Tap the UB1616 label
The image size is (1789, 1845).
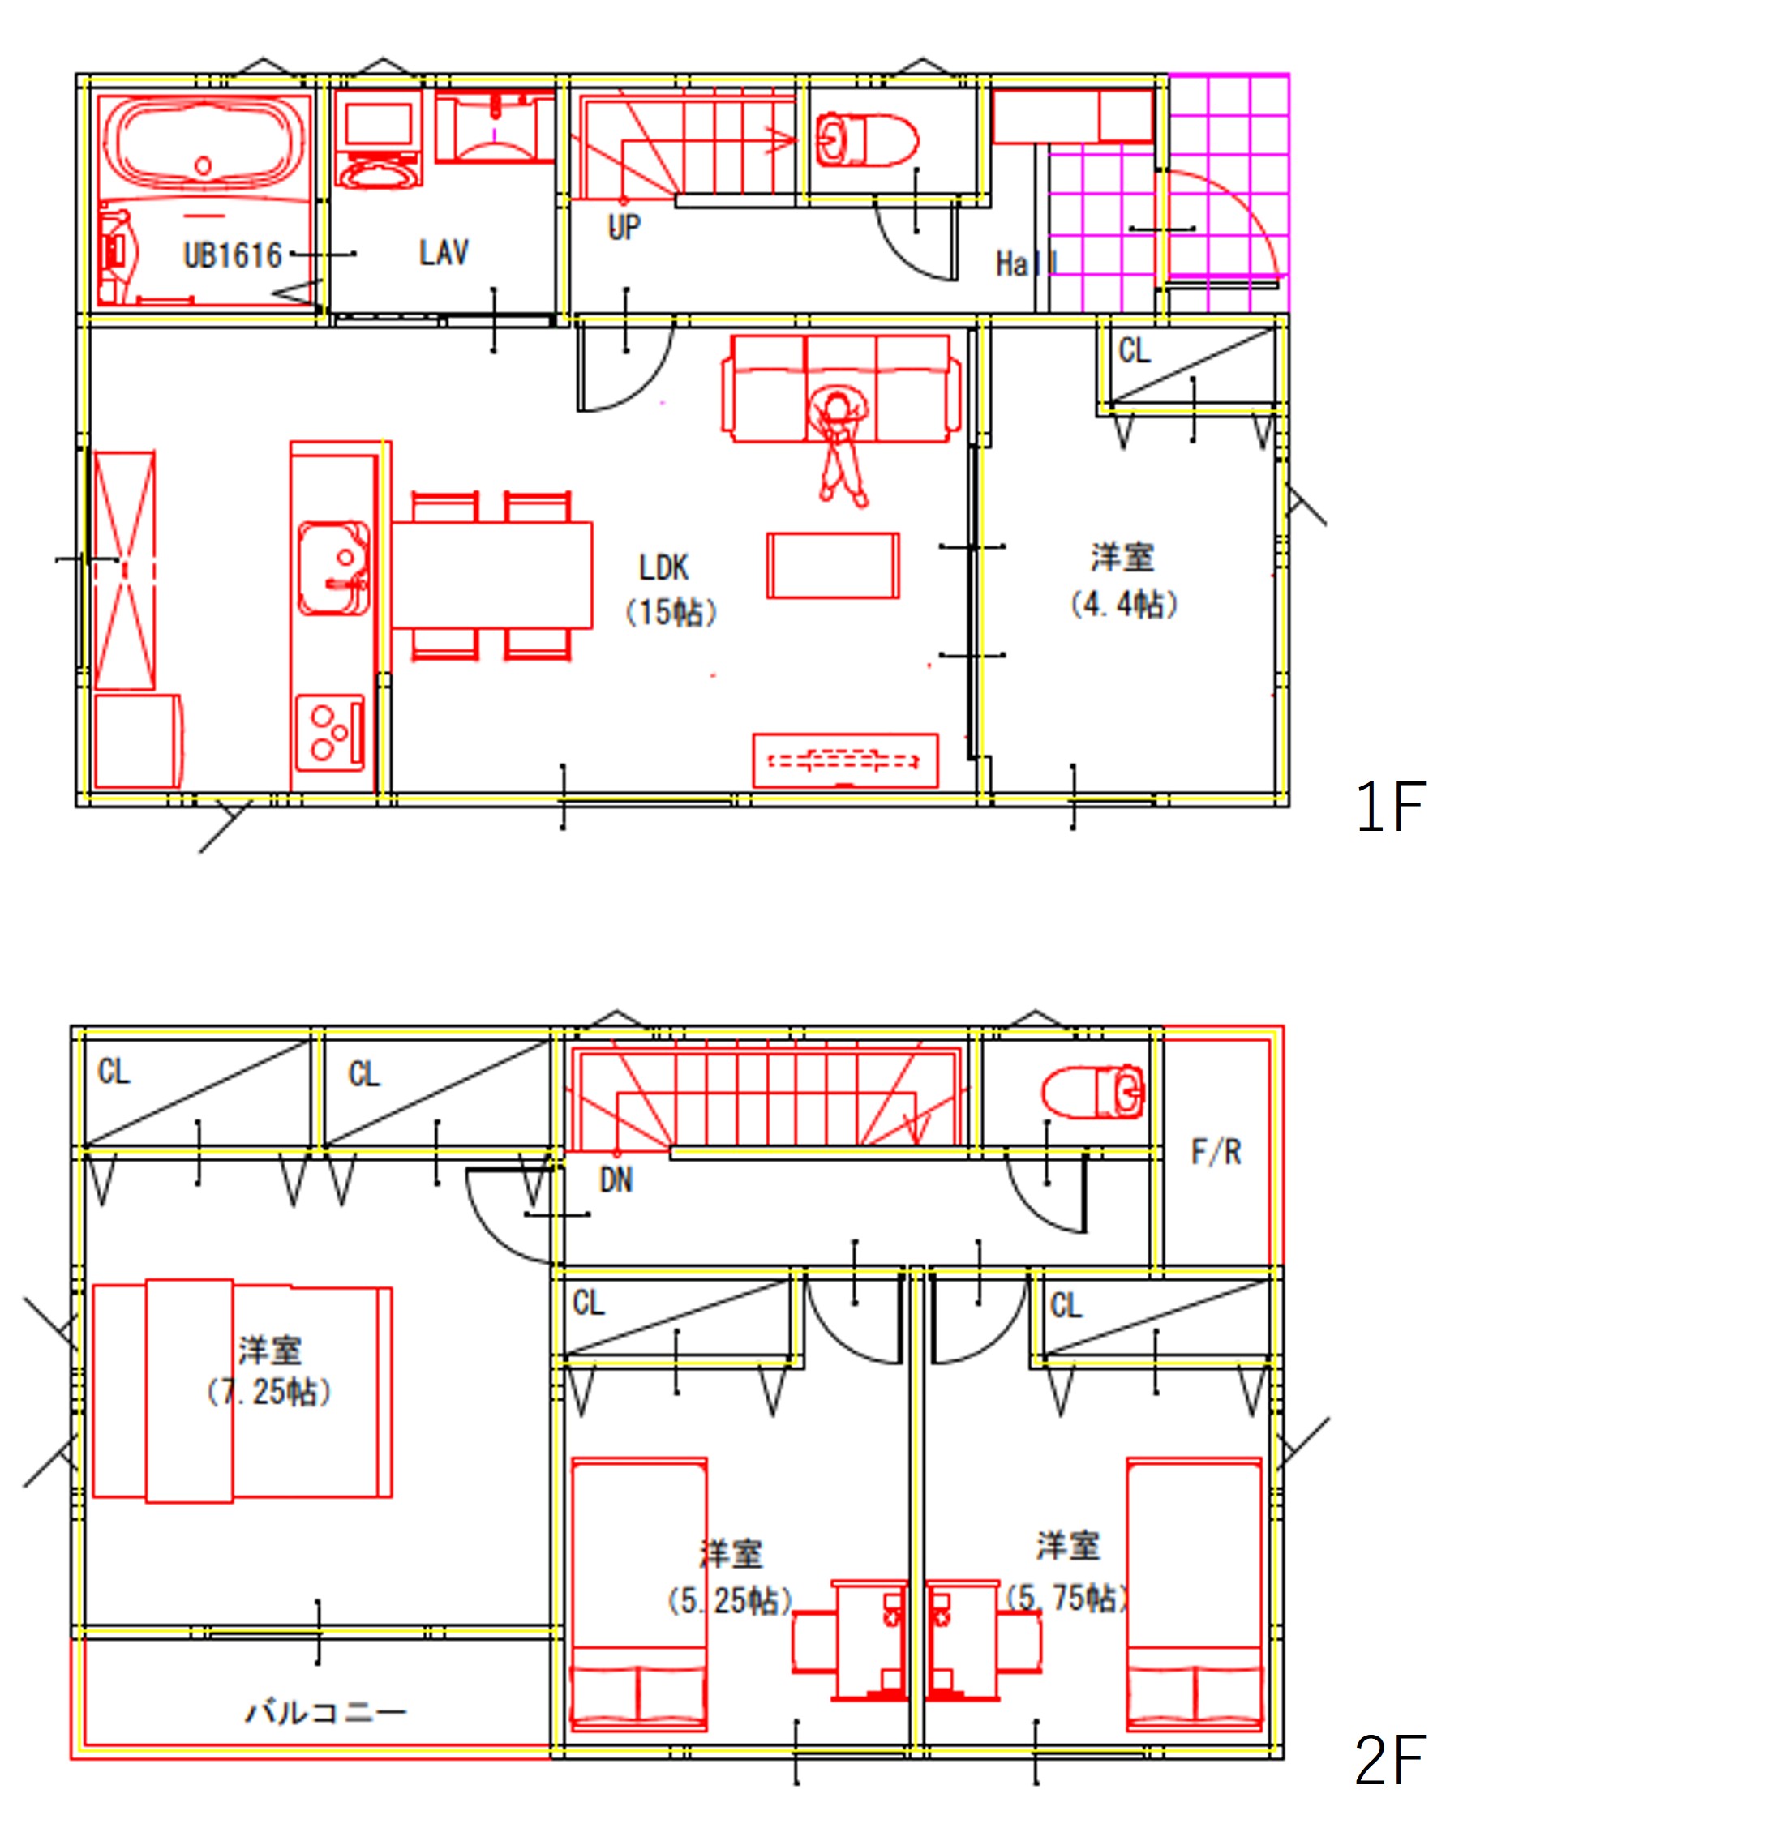[233, 255]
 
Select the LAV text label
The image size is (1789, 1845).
[444, 252]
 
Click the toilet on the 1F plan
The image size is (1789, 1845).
[865, 139]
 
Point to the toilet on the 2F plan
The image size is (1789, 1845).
[1092, 1092]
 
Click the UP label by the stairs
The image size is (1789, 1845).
[624, 227]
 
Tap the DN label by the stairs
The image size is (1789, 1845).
[616, 1180]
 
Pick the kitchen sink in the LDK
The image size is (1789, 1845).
[334, 568]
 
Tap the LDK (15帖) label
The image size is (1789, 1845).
[670, 590]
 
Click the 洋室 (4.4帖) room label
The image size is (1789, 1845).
[1123, 580]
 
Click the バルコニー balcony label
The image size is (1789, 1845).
[326, 1710]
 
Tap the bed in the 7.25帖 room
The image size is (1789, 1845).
[242, 1391]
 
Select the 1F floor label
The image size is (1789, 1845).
[1391, 807]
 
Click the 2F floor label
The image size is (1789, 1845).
[1391, 1759]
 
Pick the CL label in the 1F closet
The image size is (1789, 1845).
[1135, 351]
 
